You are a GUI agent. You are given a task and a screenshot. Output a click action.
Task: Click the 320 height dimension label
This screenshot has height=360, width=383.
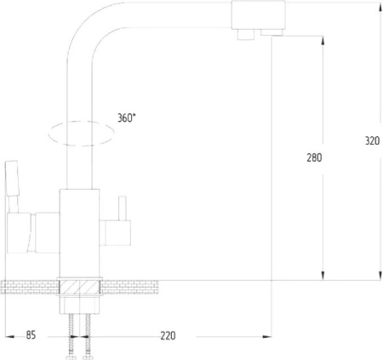[372, 140]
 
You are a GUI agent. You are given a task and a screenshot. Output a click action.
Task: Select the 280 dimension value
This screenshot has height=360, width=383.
[314, 157]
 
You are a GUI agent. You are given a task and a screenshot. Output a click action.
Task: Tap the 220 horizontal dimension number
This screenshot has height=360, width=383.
[168, 335]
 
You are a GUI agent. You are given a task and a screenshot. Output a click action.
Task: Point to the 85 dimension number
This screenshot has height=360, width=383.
[31, 335]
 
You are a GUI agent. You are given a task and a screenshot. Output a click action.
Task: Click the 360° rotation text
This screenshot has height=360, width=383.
[127, 117]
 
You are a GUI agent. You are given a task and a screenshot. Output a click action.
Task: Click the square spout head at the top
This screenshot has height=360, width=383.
[258, 15]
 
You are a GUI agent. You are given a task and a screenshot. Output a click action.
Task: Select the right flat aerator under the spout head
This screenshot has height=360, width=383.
[272, 32]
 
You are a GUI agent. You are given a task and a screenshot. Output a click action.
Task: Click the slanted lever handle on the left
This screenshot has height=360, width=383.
[12, 178]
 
